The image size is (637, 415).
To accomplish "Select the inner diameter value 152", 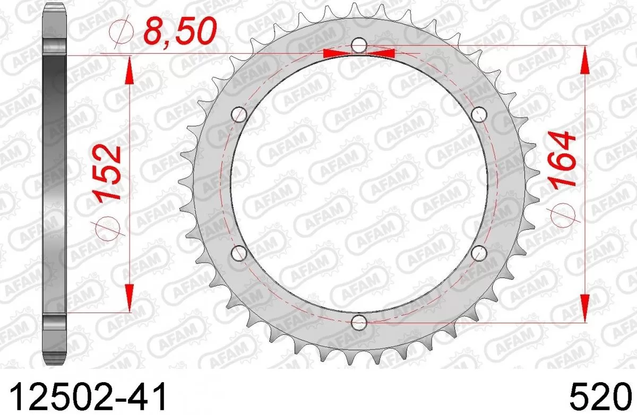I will [110, 172].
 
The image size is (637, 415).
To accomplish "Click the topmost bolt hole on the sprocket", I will [359, 46].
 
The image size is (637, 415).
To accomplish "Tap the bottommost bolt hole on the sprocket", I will [359, 321].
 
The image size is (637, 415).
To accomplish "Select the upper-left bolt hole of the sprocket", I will [240, 114].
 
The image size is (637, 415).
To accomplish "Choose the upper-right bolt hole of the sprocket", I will [479, 113].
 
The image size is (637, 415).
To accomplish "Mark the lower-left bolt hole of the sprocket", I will [239, 253].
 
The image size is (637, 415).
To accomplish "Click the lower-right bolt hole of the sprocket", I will [479, 252].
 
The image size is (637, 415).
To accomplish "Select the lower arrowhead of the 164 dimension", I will [584, 308].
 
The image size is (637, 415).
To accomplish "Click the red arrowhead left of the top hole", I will [337, 53].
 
